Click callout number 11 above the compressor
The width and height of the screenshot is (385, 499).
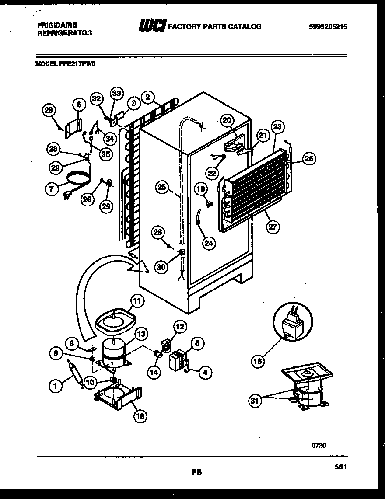pyautogui.click(x=137, y=300)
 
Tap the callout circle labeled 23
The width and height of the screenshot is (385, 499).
pyautogui.click(x=276, y=127)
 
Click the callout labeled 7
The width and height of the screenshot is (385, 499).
pyautogui.click(x=52, y=188)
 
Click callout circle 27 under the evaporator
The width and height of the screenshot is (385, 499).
pyautogui.click(x=273, y=226)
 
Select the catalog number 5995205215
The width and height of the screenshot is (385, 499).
pyautogui.click(x=328, y=26)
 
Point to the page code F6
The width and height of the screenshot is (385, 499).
pyautogui.click(x=196, y=472)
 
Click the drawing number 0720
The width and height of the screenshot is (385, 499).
pyautogui.click(x=318, y=445)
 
